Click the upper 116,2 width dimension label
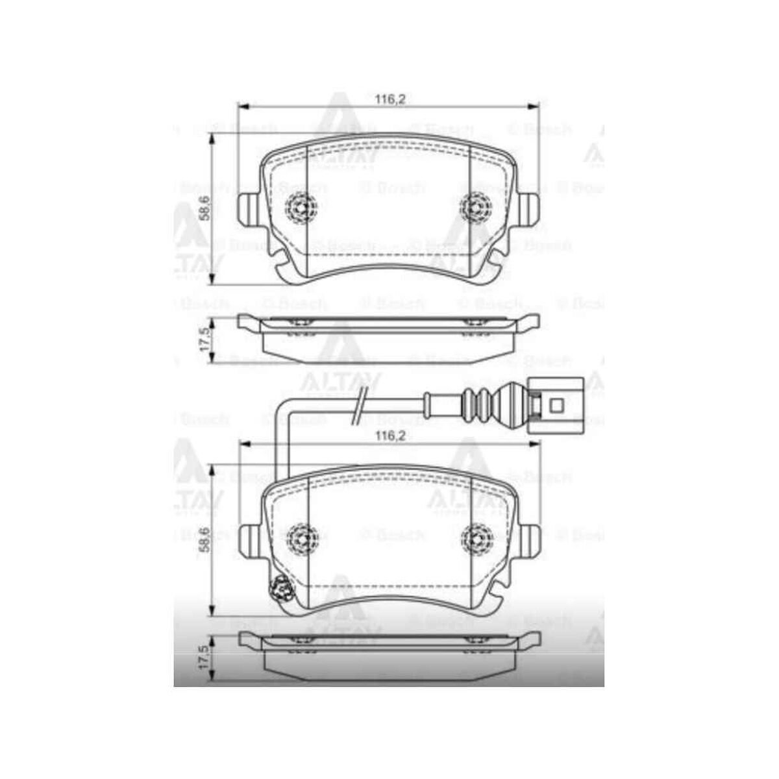tap(390, 99)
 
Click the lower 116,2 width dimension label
tap(390, 436)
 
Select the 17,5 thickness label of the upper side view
tap(204, 340)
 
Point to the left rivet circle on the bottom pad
tap(303, 538)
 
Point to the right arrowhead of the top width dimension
tap(536, 106)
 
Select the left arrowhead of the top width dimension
tap(241, 106)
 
